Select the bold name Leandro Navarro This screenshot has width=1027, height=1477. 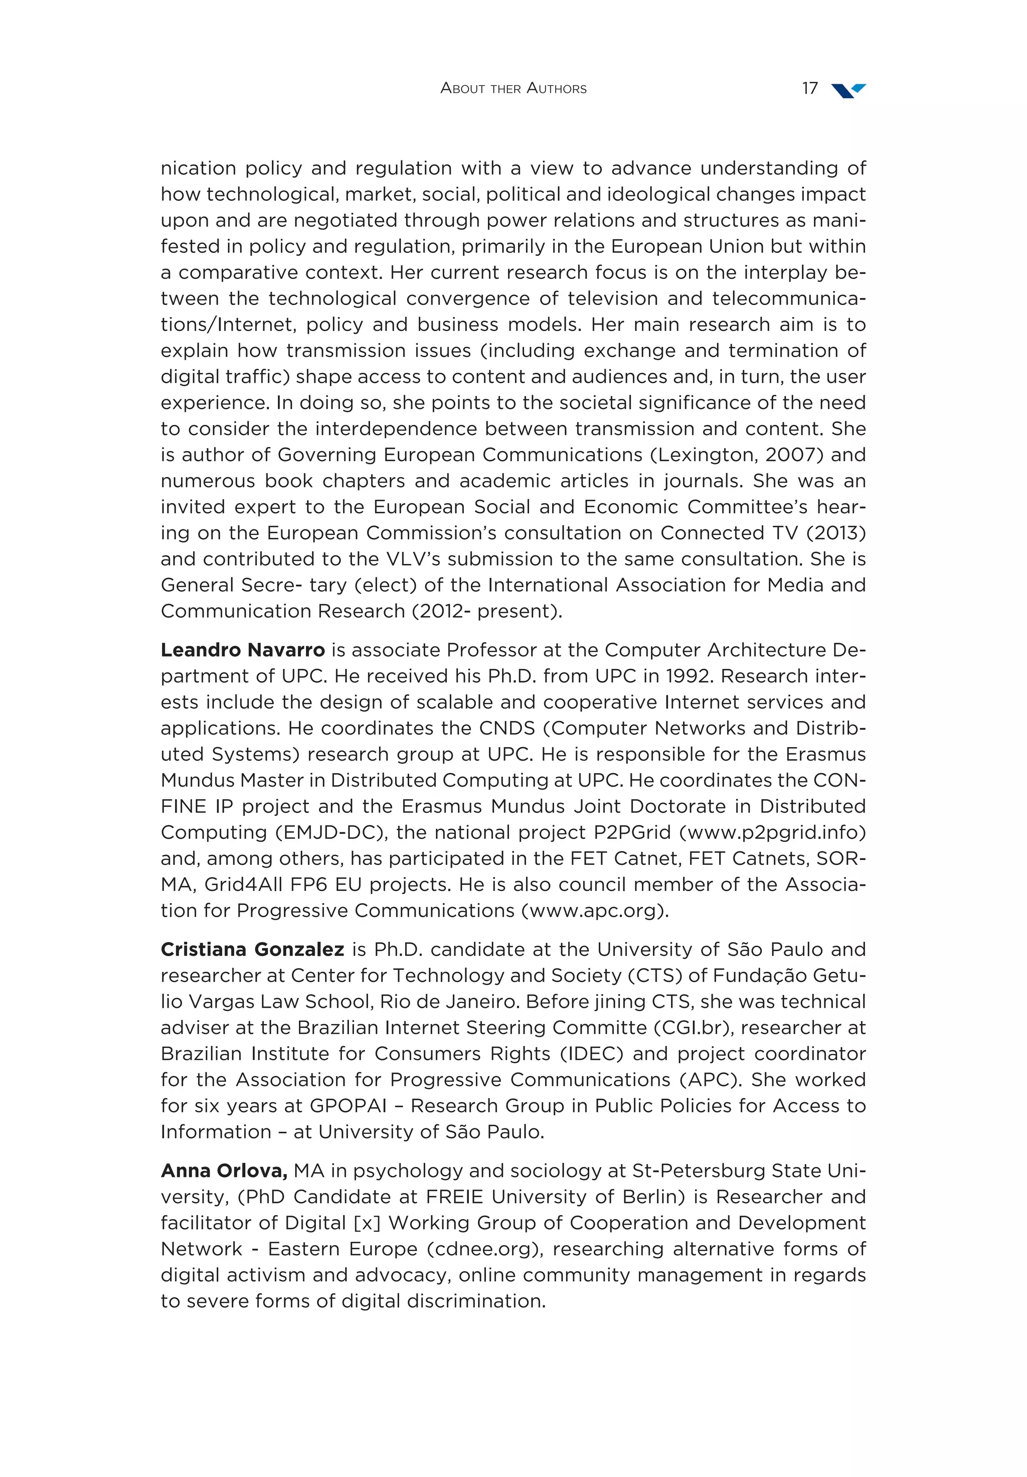tap(242, 650)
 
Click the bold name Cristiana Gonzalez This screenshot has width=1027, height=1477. tap(252, 950)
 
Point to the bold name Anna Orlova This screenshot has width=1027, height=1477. tap(223, 1171)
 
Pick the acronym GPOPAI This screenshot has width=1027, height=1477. tap(348, 1106)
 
